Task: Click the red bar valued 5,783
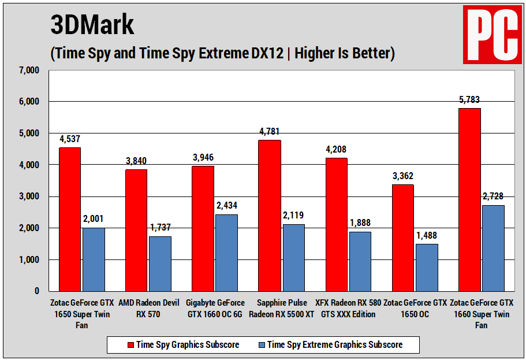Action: [x=469, y=199]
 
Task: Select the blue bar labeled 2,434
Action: [x=226, y=253]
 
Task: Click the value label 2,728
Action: [x=493, y=196]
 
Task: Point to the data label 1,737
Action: [x=159, y=227]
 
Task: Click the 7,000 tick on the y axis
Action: [x=28, y=70]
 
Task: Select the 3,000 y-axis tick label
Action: [x=28, y=196]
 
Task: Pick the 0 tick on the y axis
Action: [x=36, y=291]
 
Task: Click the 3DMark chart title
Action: [x=92, y=25]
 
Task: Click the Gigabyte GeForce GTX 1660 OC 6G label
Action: [x=215, y=309]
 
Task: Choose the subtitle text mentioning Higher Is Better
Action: [x=222, y=53]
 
